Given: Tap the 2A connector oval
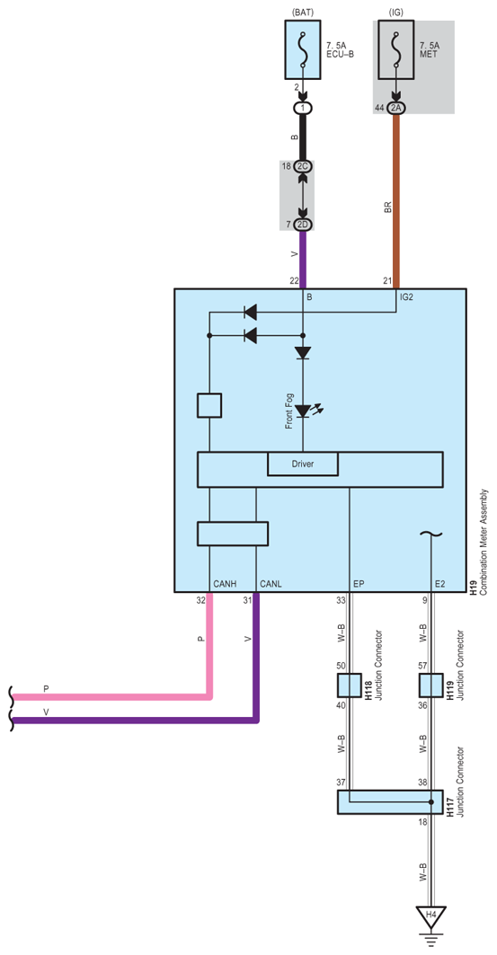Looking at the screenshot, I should [395, 108].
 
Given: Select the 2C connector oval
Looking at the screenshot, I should [303, 167].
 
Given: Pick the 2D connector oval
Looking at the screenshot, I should [303, 223].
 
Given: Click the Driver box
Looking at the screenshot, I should [303, 464].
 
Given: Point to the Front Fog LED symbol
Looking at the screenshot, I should [303, 411].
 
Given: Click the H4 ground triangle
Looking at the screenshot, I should [430, 915].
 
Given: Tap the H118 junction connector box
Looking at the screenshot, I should [349, 685].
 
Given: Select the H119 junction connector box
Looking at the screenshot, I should [430, 685].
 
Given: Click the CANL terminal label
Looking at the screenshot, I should [271, 584].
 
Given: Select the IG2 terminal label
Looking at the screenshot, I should [407, 296].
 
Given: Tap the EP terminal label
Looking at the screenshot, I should [359, 584].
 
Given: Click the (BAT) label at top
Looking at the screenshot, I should [303, 11].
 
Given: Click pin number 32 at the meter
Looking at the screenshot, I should [200, 599].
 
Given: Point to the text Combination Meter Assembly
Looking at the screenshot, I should [484, 544].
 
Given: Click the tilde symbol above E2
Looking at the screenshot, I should [430, 535].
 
